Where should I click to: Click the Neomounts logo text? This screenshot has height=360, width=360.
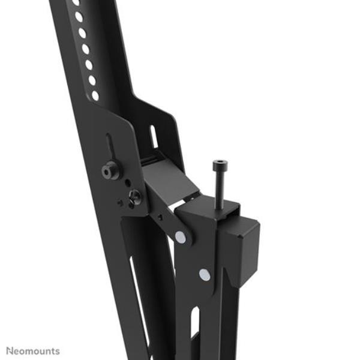pyautogui.click(x=33, y=351)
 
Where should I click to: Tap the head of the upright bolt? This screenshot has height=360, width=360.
pyautogui.click(x=220, y=164)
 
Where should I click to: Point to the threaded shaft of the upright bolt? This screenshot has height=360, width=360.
pyautogui.click(x=220, y=189)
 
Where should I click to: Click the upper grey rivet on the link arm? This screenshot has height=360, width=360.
pyautogui.click(x=181, y=237)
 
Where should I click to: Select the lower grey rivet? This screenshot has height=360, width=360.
pyautogui.click(x=205, y=275)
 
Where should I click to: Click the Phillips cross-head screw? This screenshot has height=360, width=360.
pyautogui.click(x=135, y=197)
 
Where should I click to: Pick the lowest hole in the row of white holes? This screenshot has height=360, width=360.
pyautogui.click(x=95, y=95)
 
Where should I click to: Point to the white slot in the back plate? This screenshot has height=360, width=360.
pyautogui.click(x=154, y=137)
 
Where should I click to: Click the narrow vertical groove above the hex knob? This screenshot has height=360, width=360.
pyautogui.click(x=109, y=147)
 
